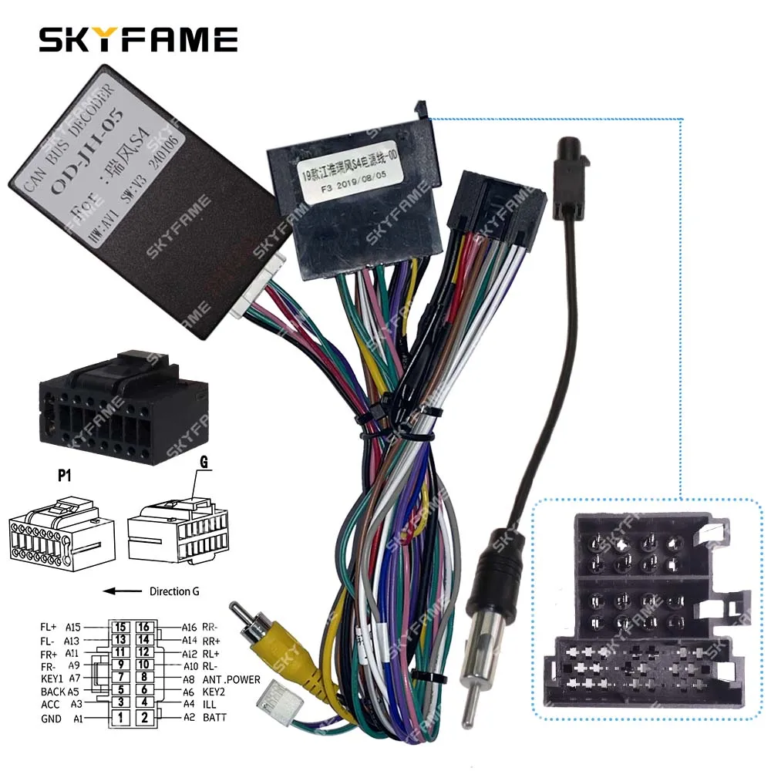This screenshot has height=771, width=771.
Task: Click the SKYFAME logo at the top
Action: (138, 39)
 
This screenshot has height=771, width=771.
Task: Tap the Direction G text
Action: (170, 591)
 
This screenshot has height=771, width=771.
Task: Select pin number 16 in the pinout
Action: (143, 627)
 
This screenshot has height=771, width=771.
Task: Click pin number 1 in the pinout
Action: (120, 718)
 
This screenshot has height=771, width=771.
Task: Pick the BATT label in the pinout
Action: (214, 718)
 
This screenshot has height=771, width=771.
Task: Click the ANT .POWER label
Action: (231, 679)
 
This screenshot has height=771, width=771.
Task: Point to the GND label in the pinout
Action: (50, 719)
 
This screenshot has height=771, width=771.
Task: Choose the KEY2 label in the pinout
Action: (214, 692)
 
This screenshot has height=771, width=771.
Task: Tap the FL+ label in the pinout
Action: (50, 627)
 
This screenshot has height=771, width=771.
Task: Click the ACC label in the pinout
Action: (51, 705)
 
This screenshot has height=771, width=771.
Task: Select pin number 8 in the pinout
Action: (143, 678)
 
